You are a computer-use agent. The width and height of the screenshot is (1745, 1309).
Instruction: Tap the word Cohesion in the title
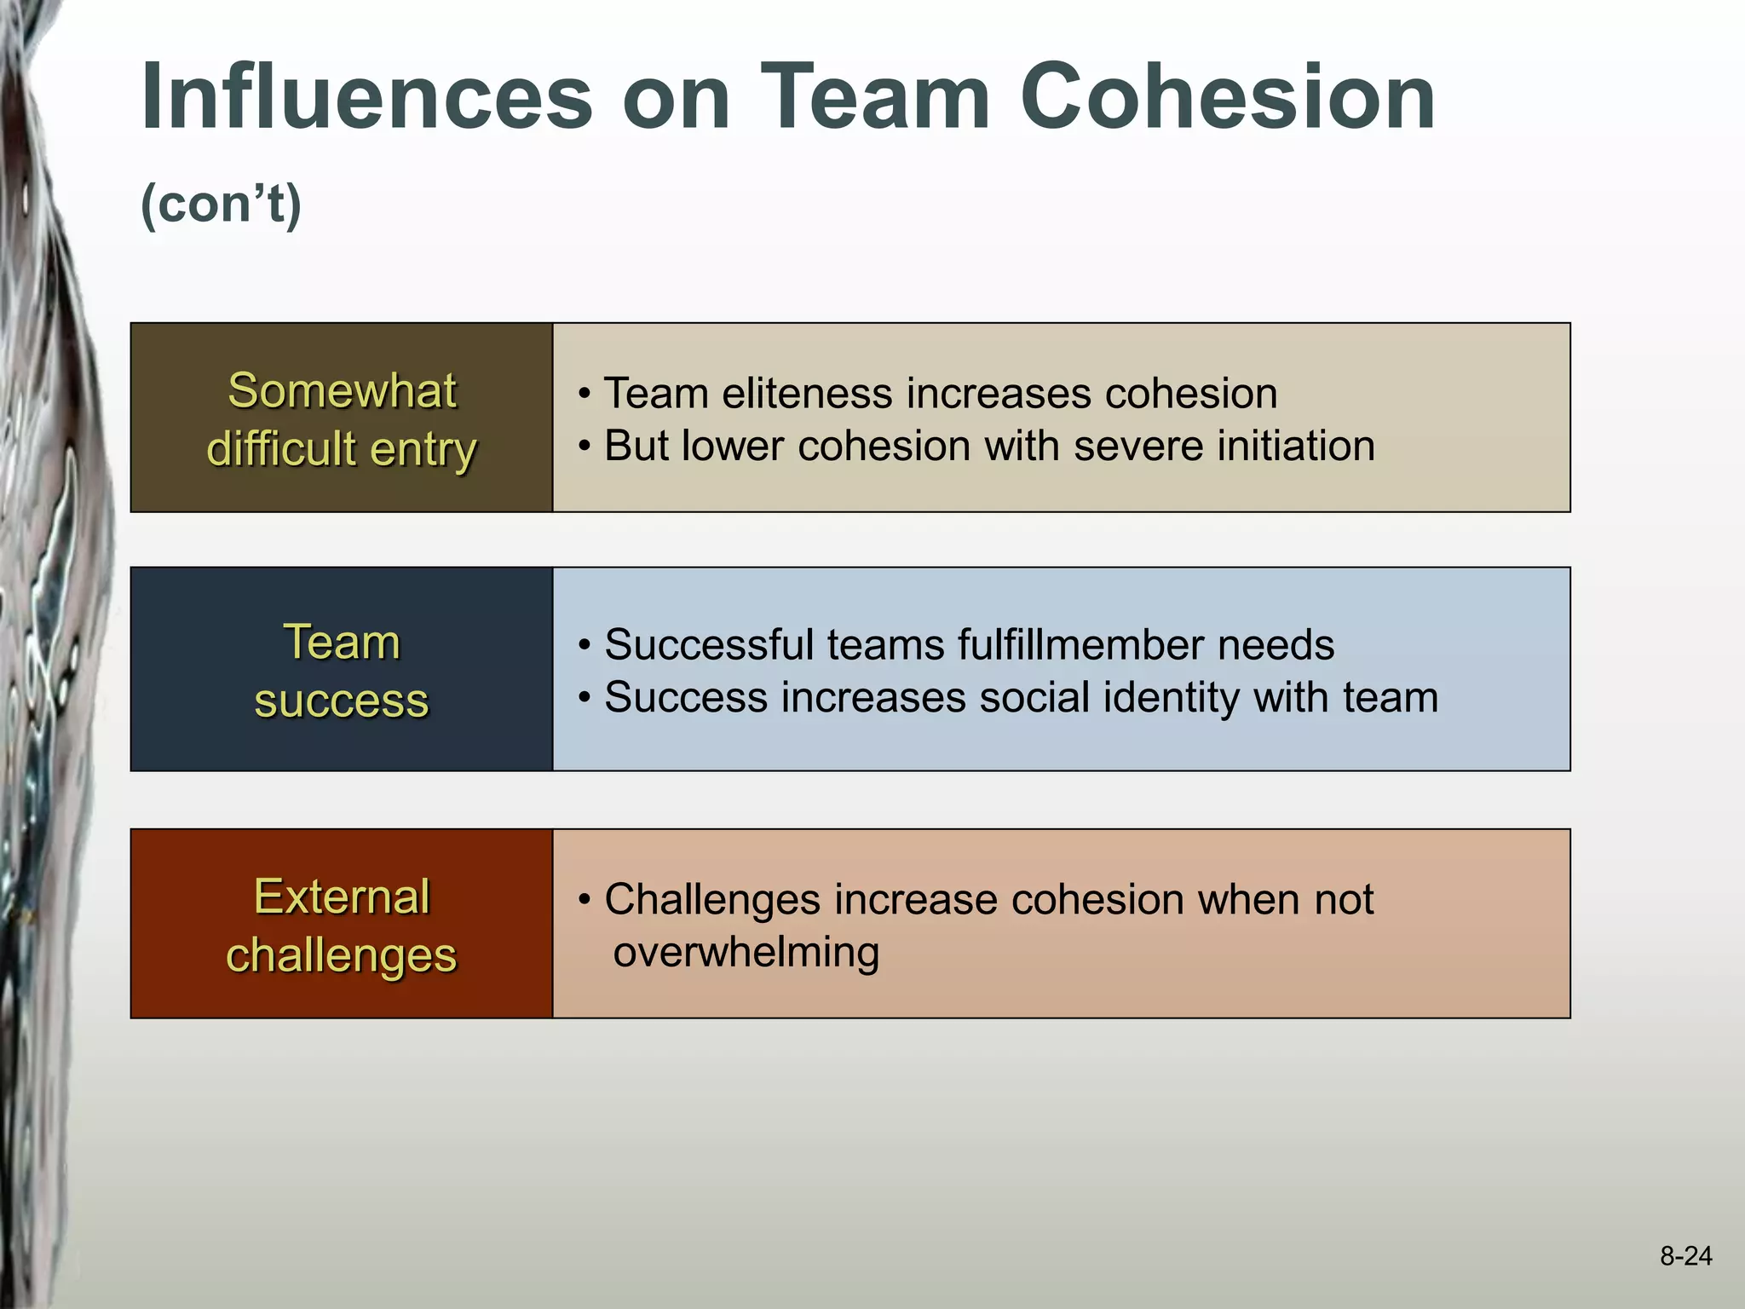pyautogui.click(x=1227, y=97)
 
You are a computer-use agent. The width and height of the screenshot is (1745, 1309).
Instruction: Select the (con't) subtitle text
pyautogui.click(x=221, y=205)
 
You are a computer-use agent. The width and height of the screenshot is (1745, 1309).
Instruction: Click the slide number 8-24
pyautogui.click(x=1685, y=1255)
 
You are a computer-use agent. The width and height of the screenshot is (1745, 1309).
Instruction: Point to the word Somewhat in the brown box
pyautogui.click(x=342, y=391)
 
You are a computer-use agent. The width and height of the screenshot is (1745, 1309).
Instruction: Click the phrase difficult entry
pyautogui.click(x=342, y=449)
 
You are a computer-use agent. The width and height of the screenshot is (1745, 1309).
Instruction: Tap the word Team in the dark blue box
pyautogui.click(x=342, y=642)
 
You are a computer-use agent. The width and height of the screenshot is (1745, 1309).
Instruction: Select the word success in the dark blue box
pyautogui.click(x=342, y=701)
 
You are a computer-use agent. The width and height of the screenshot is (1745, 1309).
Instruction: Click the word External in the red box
pyautogui.click(x=342, y=897)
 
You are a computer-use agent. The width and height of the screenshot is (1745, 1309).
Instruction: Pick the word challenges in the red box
pyautogui.click(x=342, y=955)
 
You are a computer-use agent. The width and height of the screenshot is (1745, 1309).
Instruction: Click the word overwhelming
pyautogui.click(x=746, y=953)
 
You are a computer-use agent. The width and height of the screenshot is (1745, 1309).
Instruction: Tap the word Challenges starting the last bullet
pyautogui.click(x=712, y=900)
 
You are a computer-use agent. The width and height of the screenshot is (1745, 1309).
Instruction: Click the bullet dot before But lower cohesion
pyautogui.click(x=585, y=447)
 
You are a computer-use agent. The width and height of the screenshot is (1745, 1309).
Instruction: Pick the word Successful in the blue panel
pyautogui.click(x=709, y=645)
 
